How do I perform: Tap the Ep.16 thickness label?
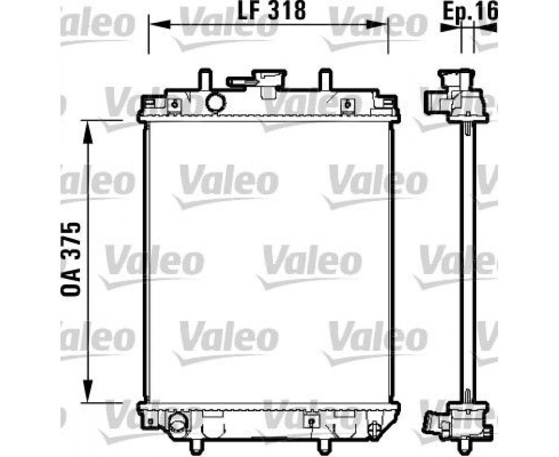[470, 12]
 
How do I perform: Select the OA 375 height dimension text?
[71, 259]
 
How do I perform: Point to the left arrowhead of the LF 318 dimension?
[158, 24]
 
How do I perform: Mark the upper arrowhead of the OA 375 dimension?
[88, 132]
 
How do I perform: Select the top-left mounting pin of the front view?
[205, 79]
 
